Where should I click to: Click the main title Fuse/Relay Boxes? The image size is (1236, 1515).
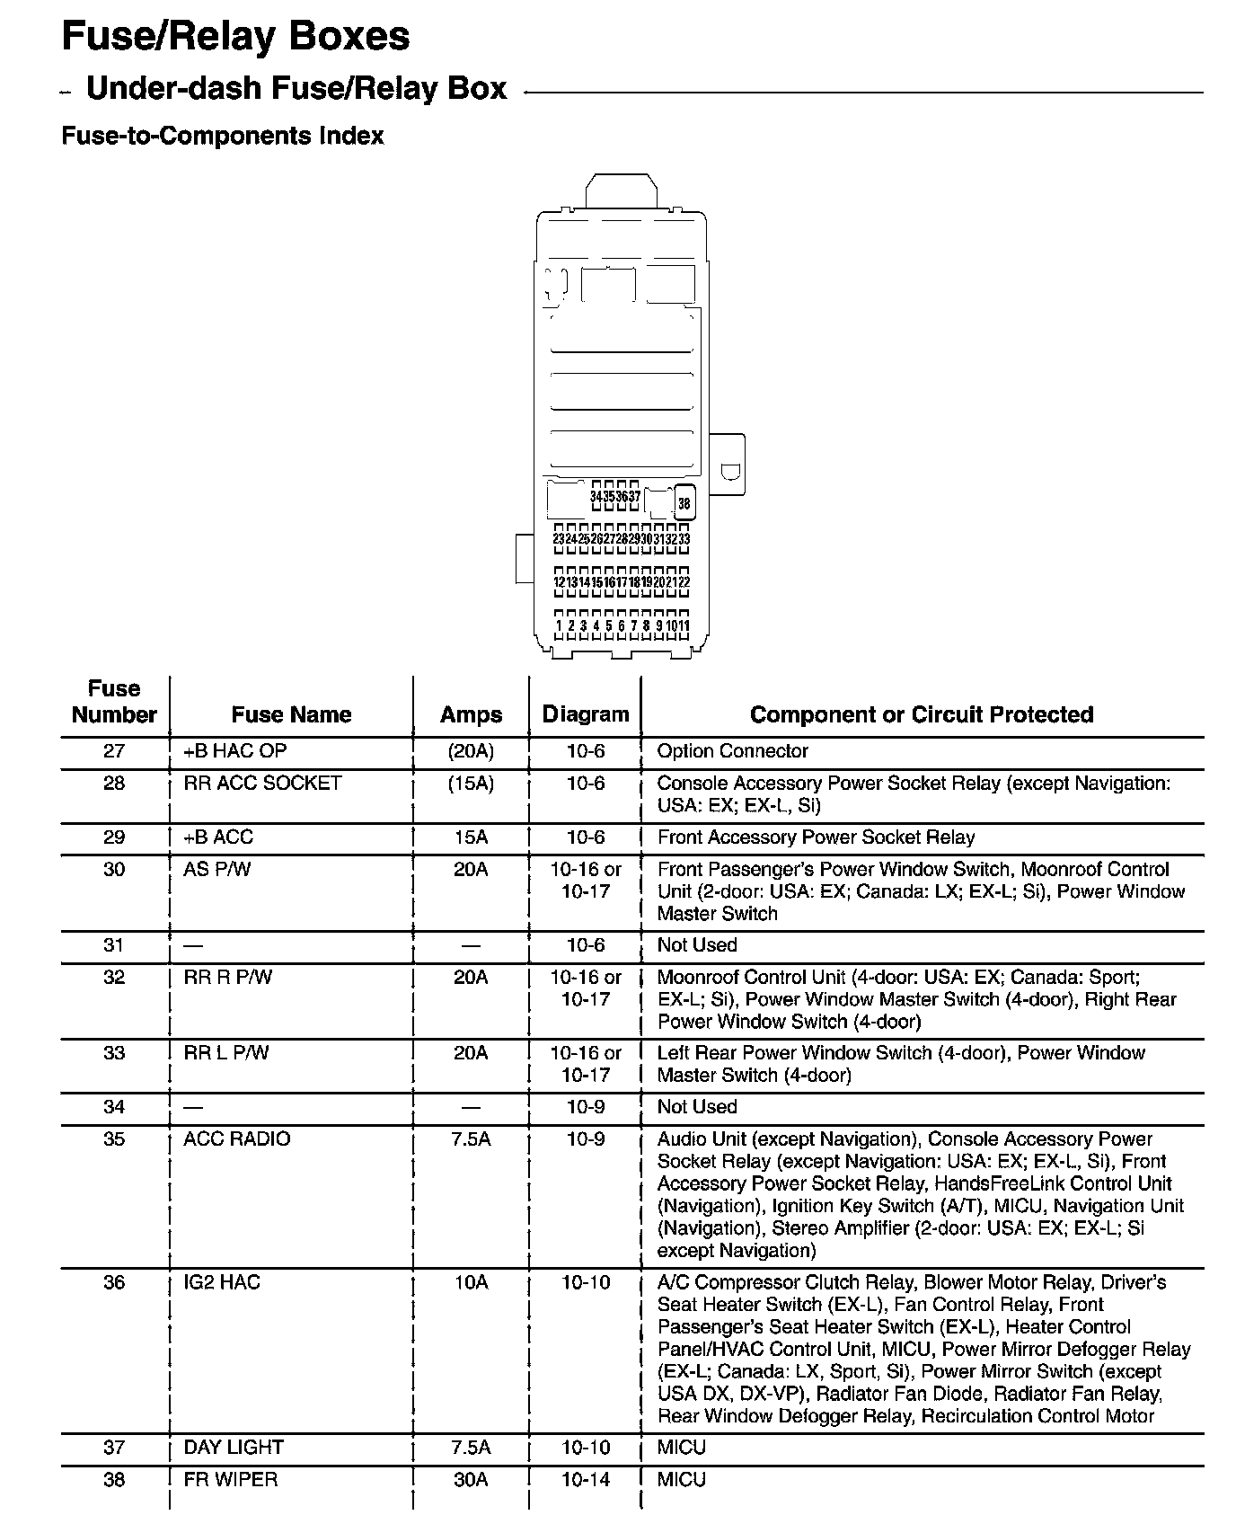pyautogui.click(x=235, y=37)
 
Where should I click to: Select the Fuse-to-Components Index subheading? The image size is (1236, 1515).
pyautogui.click(x=222, y=137)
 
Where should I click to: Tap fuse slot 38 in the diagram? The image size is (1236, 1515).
pyautogui.click(x=684, y=504)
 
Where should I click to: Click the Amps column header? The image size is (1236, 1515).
pyautogui.click(x=471, y=715)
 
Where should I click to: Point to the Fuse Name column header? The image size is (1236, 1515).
pyautogui.click(x=291, y=715)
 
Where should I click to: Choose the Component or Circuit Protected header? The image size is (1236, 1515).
pyautogui.click(x=922, y=715)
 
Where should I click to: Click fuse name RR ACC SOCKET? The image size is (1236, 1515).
pyautogui.click(x=262, y=784)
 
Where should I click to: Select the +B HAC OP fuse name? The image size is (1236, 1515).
pyautogui.click(x=235, y=751)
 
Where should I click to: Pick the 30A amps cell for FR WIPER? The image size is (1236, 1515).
pyautogui.click(x=471, y=1479)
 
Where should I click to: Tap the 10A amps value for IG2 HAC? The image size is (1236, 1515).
pyautogui.click(x=471, y=1282)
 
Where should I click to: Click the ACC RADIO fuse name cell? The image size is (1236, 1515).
pyautogui.click(x=237, y=1139)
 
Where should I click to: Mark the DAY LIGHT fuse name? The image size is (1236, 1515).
pyautogui.click(x=234, y=1447)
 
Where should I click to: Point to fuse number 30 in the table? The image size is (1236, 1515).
pyautogui.click(x=114, y=870)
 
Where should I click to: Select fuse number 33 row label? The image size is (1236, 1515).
pyautogui.click(x=114, y=1053)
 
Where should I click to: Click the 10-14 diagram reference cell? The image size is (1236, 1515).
pyautogui.click(x=586, y=1479)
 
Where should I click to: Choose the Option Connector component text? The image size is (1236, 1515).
pyautogui.click(x=732, y=751)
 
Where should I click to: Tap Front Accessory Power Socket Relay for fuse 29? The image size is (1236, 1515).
pyautogui.click(x=816, y=837)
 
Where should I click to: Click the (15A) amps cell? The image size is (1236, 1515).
pyautogui.click(x=471, y=784)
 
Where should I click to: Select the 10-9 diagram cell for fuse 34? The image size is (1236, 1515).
pyautogui.click(x=586, y=1107)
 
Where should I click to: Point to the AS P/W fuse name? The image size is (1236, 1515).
pyautogui.click(x=217, y=870)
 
